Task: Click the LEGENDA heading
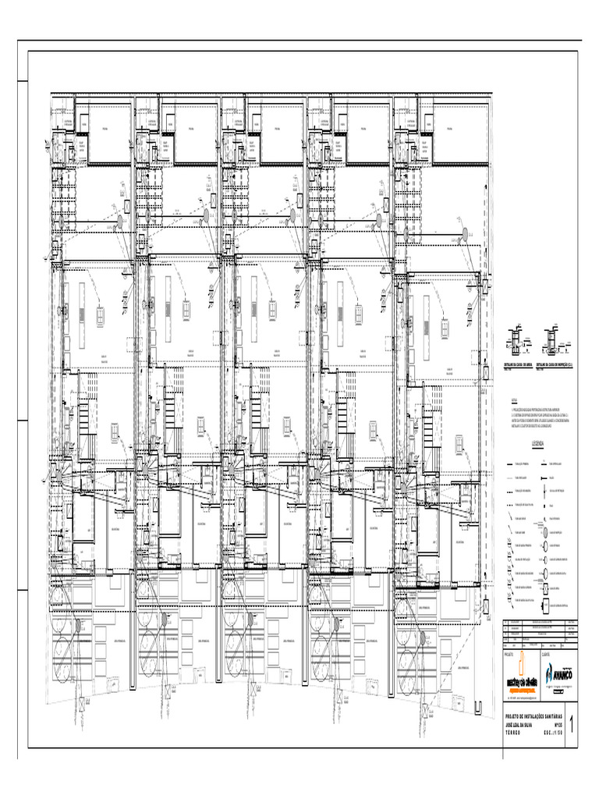(x=539, y=442)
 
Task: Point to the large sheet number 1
(x=575, y=726)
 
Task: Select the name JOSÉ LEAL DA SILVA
(x=524, y=725)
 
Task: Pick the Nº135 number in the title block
(x=557, y=725)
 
